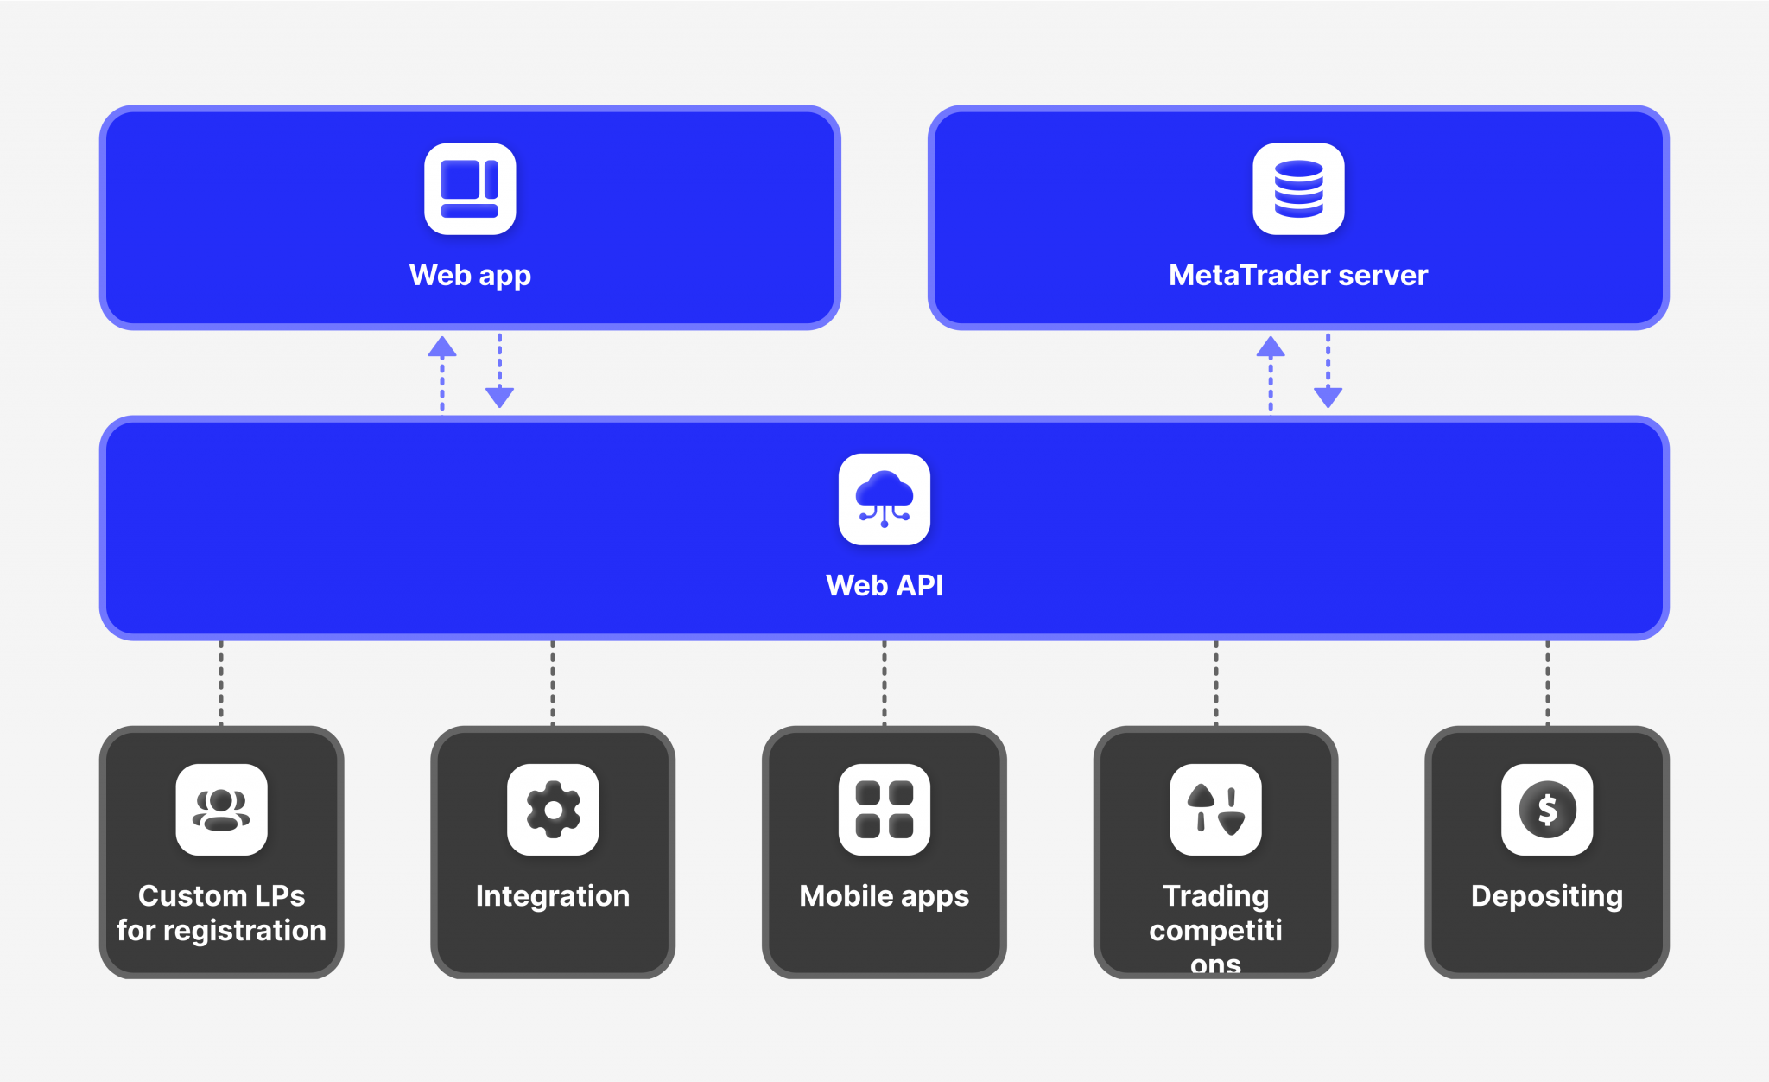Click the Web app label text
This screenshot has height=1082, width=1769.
click(x=470, y=276)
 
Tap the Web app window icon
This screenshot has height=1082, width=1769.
click(x=470, y=188)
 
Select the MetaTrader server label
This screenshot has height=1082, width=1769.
click(x=1297, y=276)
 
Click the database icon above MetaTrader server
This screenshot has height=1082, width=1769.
click(x=1298, y=188)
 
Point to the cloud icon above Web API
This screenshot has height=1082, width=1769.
click(x=884, y=499)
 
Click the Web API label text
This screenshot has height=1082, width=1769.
click(x=884, y=586)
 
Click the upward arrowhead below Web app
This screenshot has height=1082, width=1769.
click(x=442, y=347)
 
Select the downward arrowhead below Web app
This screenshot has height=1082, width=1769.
click(x=499, y=397)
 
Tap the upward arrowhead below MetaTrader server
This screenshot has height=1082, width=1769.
click(x=1270, y=347)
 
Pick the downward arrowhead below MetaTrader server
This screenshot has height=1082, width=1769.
click(x=1328, y=397)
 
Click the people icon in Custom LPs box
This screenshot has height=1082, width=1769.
click(x=221, y=810)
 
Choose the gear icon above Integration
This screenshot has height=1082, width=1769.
click(x=553, y=810)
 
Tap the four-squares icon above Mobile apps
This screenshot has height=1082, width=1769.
click(x=884, y=810)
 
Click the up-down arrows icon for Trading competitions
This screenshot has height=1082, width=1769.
click(x=1215, y=810)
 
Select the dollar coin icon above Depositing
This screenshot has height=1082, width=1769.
click(x=1547, y=810)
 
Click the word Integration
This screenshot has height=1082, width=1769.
click(x=553, y=896)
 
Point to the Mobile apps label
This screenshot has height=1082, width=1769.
click(x=884, y=896)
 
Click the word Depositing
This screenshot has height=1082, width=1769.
click(x=1547, y=896)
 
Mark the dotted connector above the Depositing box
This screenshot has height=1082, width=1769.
click(x=1547, y=683)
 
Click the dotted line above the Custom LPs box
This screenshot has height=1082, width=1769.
click(x=221, y=683)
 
